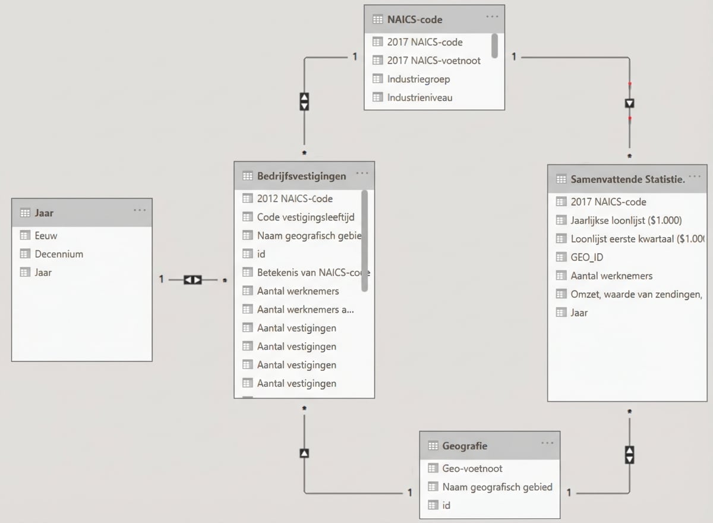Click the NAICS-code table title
tap(414, 19)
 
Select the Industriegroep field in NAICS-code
tap(418, 79)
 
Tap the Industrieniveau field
tap(419, 97)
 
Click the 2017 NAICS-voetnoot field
tap(434, 61)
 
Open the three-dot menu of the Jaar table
tap(140, 210)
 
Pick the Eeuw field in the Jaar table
tap(46, 235)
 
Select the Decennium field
tap(58, 254)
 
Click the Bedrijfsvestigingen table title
tap(301, 176)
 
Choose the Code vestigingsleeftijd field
tap(305, 217)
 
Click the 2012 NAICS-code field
tap(294, 199)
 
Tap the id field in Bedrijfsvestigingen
tap(261, 254)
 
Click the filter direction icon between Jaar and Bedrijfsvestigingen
tap(193, 279)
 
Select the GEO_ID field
tap(586, 257)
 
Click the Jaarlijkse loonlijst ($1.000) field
tap(626, 220)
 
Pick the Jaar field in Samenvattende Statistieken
tap(579, 313)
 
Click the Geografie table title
tap(465, 446)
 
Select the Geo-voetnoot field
tap(472, 468)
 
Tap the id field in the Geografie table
tap(446, 505)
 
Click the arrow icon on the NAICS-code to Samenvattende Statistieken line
tap(630, 103)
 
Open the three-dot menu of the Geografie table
tap(547, 443)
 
